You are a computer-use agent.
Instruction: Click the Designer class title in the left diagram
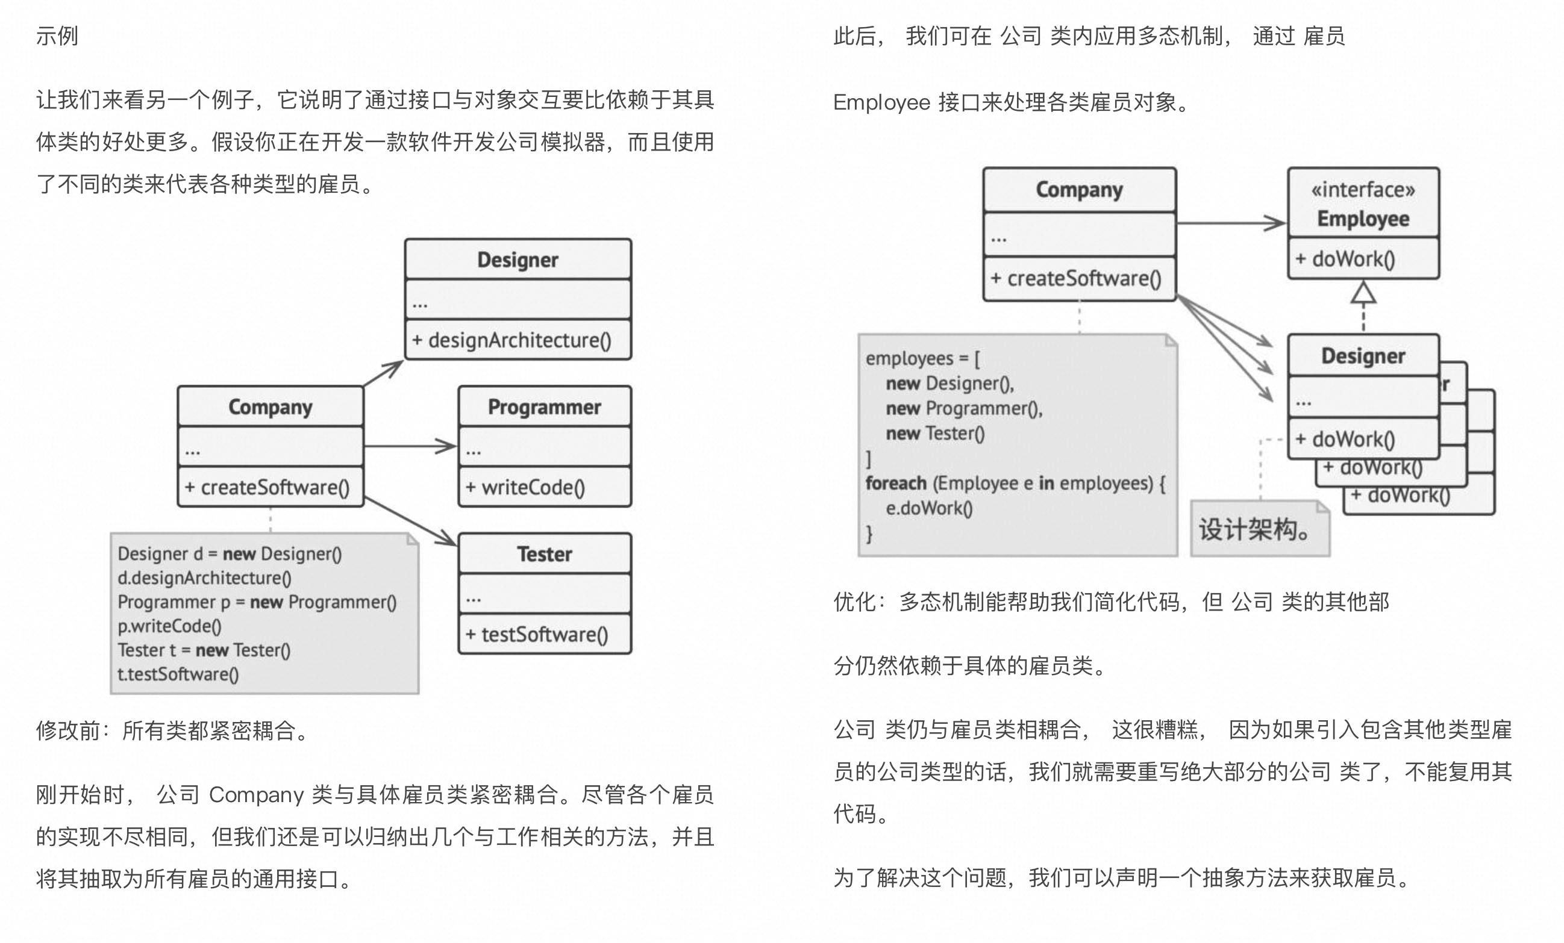pos(518,260)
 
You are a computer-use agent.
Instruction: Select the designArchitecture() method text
pos(511,340)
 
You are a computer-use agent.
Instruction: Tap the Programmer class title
pos(544,407)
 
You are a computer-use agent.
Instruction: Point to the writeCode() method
pos(525,487)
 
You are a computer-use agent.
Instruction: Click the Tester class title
pos(544,554)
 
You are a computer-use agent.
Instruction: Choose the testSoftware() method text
pos(537,634)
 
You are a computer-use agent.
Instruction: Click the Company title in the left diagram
pos(271,407)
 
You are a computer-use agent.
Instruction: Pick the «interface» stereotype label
pos(1363,189)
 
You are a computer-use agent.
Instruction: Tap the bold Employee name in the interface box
pos(1363,219)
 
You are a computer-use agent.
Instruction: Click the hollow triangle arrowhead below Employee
pos(1363,293)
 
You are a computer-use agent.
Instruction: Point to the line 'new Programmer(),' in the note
pos(964,408)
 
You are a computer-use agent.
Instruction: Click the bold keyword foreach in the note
pos(896,483)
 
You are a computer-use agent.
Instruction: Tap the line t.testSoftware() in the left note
pos(178,674)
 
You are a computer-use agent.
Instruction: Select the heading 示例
pos(57,36)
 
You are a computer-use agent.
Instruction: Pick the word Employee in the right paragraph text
pos(881,102)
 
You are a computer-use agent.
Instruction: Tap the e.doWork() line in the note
pos(928,508)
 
